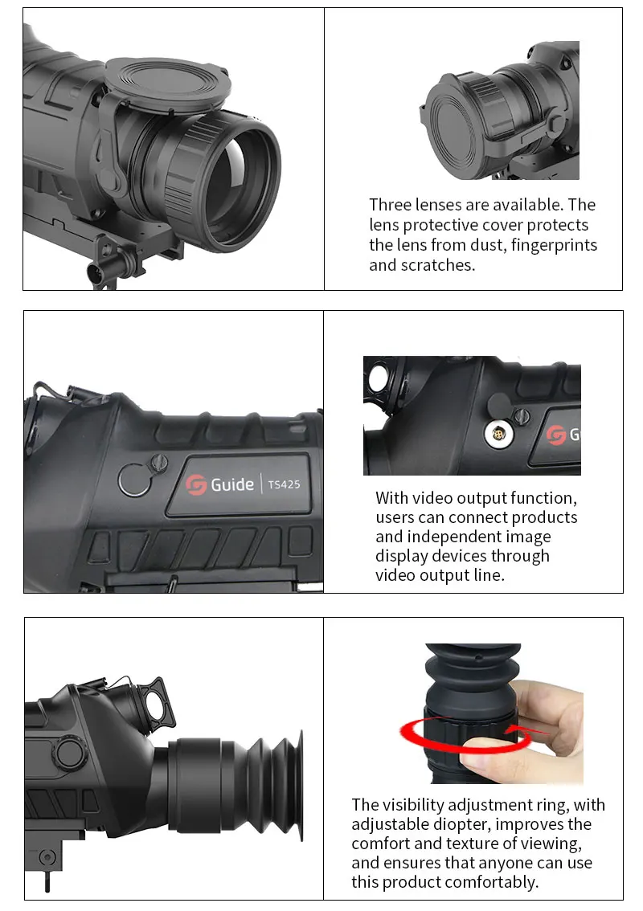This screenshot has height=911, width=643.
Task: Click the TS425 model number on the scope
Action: click(x=284, y=484)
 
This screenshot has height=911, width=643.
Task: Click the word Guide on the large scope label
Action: click(x=232, y=484)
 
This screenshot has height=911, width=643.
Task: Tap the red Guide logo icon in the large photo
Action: click(x=196, y=484)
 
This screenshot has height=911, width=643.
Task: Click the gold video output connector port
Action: click(x=499, y=435)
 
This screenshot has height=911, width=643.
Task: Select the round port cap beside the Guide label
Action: click(x=134, y=480)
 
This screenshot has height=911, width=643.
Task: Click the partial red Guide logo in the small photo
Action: click(x=555, y=435)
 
